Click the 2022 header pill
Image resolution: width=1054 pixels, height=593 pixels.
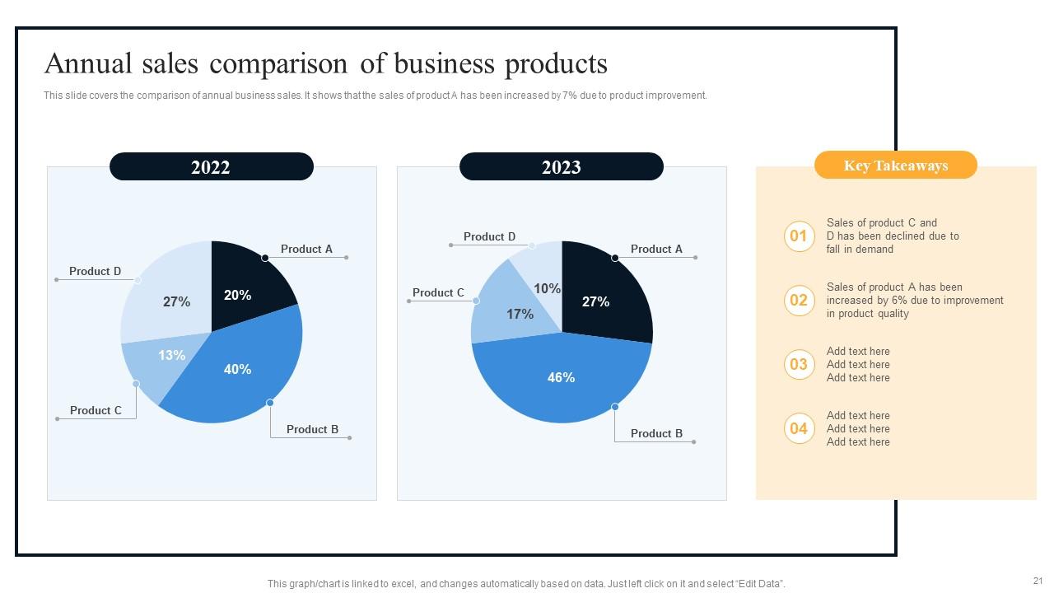coord(211,167)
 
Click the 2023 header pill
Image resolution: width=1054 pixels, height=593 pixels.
coord(561,167)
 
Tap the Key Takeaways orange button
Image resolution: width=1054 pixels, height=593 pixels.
coord(895,166)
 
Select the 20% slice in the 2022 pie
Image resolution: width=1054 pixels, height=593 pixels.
coord(243,288)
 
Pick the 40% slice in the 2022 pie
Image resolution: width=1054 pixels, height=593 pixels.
coord(239,371)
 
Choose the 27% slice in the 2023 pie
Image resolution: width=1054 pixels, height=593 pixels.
coord(601,296)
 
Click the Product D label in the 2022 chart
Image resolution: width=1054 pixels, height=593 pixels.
coord(95,271)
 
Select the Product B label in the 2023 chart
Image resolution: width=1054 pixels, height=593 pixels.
coord(656,433)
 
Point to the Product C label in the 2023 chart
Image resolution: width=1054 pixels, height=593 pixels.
coord(438,292)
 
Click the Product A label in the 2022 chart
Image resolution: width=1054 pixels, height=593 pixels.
coord(306,249)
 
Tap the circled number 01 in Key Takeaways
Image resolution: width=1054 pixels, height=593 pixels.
coord(799,236)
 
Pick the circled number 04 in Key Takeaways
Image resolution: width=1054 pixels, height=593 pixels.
coord(799,428)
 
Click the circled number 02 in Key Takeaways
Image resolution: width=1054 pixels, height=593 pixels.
coord(799,301)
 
